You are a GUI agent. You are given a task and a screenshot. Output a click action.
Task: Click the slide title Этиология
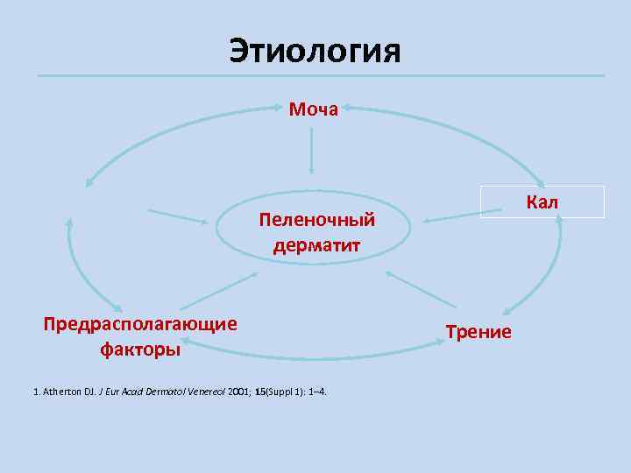point(315,51)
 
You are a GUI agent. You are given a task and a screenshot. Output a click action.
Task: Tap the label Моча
point(313,109)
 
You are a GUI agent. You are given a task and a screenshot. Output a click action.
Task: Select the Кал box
point(542,202)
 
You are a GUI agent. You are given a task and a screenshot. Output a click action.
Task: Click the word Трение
point(478,332)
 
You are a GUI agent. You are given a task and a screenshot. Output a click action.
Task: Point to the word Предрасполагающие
point(140,325)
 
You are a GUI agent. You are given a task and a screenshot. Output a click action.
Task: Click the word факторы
point(140,349)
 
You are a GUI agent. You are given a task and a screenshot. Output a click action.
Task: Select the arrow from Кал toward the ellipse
point(456,214)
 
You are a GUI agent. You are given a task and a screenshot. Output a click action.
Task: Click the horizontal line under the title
point(321,76)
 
